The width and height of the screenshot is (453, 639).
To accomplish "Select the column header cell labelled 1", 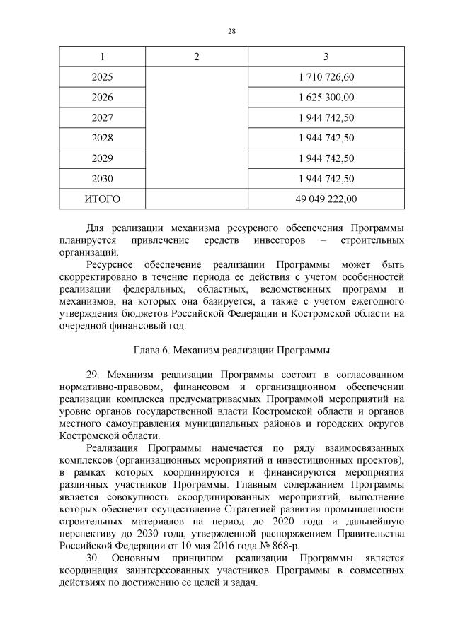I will coord(102,57).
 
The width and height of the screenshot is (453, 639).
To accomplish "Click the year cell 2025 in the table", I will coord(102,76).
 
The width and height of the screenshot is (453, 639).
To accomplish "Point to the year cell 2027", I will coord(102,117).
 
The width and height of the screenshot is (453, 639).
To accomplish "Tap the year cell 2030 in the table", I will coord(102,179).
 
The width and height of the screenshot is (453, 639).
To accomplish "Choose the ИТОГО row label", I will coord(102,199).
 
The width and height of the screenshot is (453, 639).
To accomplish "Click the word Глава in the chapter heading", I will coord(148,349).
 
